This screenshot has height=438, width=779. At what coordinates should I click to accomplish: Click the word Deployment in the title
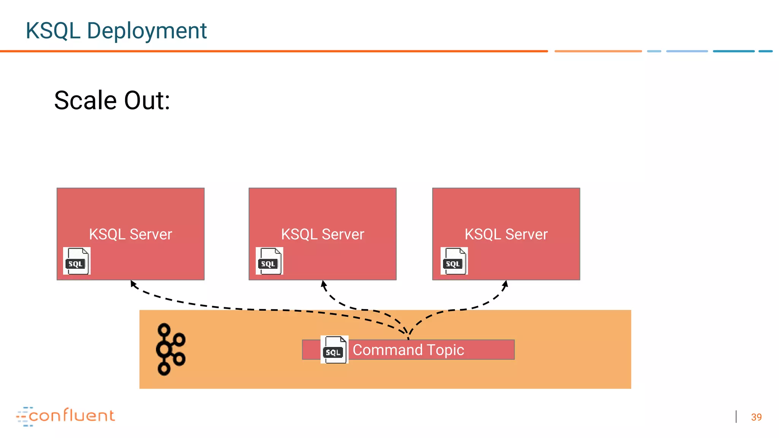click(x=146, y=31)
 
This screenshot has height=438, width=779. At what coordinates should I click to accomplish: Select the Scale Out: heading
click(x=112, y=100)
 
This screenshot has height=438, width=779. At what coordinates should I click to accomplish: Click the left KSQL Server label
click(x=130, y=234)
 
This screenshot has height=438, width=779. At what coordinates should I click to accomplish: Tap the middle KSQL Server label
click(x=323, y=234)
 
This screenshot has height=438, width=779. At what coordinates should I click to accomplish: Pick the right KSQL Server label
click(x=506, y=234)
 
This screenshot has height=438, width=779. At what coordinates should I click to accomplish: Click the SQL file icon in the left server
click(x=76, y=261)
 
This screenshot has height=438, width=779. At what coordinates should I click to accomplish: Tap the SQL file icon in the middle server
click(x=269, y=261)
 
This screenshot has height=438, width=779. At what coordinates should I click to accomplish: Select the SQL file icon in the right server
click(x=454, y=261)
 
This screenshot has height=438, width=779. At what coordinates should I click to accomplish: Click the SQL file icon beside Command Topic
click(x=334, y=349)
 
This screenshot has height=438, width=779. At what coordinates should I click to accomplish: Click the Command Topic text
click(x=408, y=350)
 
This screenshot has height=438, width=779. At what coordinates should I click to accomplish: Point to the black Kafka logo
click(x=170, y=349)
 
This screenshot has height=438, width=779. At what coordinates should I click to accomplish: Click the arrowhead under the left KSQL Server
click(x=133, y=283)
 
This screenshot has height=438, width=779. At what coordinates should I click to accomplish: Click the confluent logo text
click(x=72, y=416)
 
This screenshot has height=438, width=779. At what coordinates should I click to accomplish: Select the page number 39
click(x=756, y=417)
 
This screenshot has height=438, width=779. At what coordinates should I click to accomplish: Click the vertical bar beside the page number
click(x=736, y=416)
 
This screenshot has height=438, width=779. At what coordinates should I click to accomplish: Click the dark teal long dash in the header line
click(x=733, y=51)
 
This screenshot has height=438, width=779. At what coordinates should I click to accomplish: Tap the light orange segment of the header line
click(x=598, y=51)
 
